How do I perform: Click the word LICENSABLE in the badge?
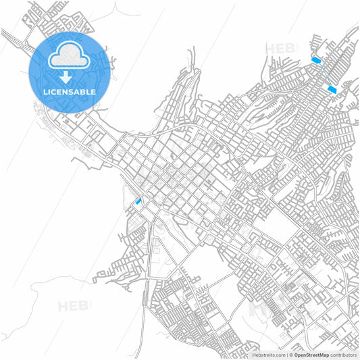pyautogui.click(x=68, y=91)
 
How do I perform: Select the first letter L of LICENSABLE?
pyautogui.click(x=44, y=91)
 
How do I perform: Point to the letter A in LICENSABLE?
pyautogui.click(x=78, y=91)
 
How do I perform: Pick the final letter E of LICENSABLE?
pyautogui.click(x=93, y=91)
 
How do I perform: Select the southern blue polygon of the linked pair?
pyautogui.click(x=331, y=88)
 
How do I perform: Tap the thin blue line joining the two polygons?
pyautogui.click(x=324, y=74)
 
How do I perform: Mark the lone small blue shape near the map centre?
pyautogui.click(x=138, y=201)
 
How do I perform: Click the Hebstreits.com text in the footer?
pyautogui.click(x=268, y=355)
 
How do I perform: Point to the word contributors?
pyautogui.click(x=343, y=355)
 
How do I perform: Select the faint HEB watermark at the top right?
pyautogui.click(x=280, y=49)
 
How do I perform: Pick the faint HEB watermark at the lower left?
pyautogui.click(x=74, y=306)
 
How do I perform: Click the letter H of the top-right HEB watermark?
pyautogui.click(x=270, y=49)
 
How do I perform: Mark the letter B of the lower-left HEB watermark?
pyautogui.click(x=86, y=306)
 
